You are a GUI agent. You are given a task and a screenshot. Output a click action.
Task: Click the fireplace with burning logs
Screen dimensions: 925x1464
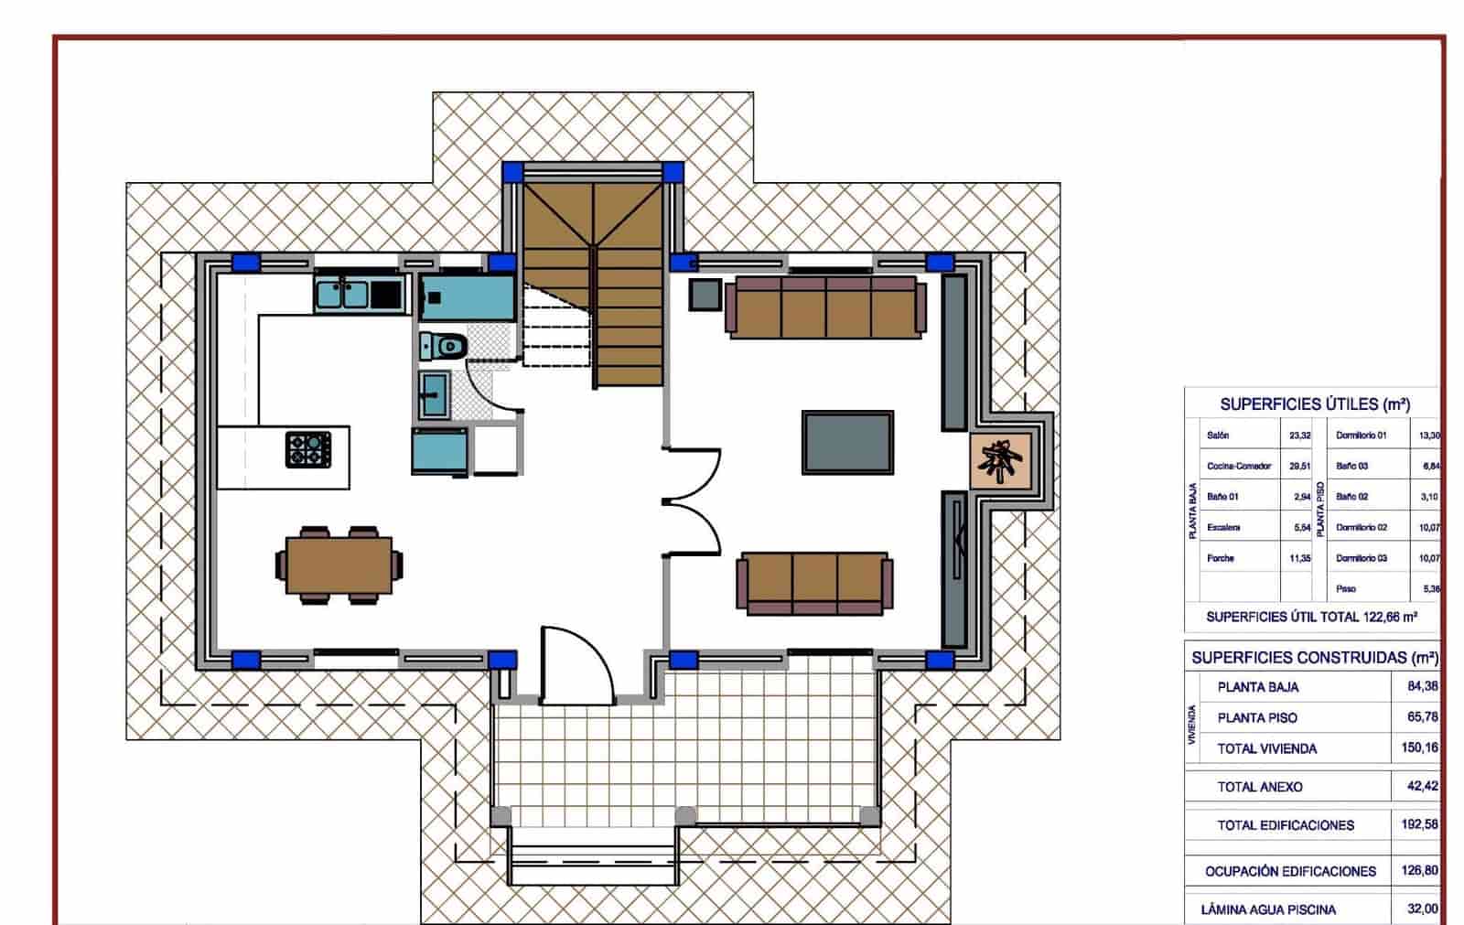point(1002,457)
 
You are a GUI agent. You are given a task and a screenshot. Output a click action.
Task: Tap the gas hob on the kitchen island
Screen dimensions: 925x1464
point(307,449)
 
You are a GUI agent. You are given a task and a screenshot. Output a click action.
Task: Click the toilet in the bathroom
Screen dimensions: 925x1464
point(444,347)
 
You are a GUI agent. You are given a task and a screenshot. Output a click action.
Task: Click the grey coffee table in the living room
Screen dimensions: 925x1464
point(847,442)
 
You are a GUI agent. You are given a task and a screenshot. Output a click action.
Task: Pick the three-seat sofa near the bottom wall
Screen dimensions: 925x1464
point(814,583)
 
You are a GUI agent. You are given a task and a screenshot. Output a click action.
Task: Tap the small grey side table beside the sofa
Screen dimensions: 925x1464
point(706,295)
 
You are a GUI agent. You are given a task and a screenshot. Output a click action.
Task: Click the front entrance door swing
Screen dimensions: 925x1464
point(576,666)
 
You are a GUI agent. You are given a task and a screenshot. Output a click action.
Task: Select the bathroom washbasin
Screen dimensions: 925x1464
point(435,394)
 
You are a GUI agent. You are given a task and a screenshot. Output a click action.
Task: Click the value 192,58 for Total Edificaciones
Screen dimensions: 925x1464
point(1419,824)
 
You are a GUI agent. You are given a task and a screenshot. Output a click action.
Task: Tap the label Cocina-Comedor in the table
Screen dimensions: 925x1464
point(1239,466)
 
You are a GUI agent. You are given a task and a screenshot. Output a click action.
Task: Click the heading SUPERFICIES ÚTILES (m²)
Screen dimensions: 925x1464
point(1314,404)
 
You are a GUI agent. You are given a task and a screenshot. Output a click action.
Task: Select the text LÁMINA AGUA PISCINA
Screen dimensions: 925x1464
point(1268,909)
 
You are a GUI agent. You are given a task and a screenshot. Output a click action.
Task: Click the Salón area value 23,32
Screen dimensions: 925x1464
point(1299,436)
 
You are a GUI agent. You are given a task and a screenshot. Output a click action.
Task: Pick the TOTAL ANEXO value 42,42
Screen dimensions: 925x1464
point(1422,786)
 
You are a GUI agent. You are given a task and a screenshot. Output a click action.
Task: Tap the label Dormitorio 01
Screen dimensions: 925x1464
point(1362,436)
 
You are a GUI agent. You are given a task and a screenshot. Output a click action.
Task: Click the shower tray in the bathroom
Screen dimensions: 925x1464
point(468,298)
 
